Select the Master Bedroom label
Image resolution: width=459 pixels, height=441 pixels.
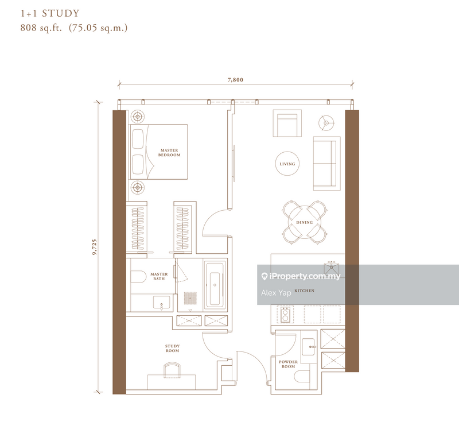[170, 153]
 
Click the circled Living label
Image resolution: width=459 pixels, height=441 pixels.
[287, 164]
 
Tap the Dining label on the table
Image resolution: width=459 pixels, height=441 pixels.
[304, 223]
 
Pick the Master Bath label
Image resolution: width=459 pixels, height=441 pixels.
[159, 277]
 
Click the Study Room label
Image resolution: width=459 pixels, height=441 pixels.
[172, 348]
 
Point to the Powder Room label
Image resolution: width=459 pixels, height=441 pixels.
[287, 364]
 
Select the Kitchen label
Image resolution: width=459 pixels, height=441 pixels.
[304, 291]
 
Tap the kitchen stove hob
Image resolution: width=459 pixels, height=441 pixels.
[285, 314]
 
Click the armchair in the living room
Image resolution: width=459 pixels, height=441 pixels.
[287, 124]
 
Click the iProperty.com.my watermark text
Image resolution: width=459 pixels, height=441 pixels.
[305, 276]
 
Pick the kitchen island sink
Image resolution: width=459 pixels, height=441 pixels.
[330, 266]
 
